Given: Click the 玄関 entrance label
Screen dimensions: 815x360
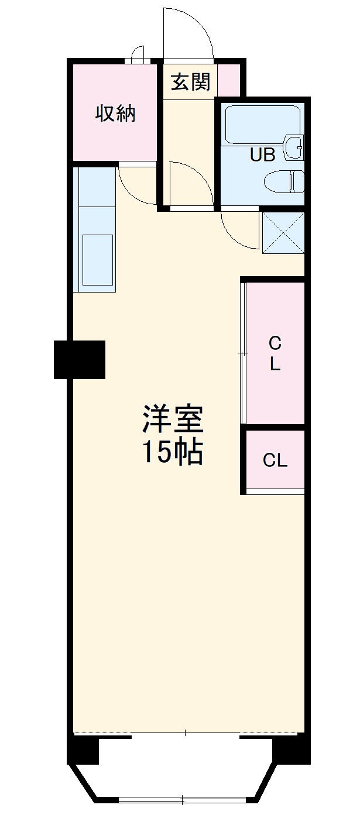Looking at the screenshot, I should click(x=190, y=82).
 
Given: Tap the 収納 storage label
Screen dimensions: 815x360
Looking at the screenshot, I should click(x=115, y=114).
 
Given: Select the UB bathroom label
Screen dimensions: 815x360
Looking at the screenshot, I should click(x=262, y=155).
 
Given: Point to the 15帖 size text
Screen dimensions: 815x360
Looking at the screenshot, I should click(x=173, y=452).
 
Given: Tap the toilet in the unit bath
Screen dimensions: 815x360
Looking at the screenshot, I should click(x=284, y=181).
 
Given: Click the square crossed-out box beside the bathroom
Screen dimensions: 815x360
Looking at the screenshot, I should click(x=283, y=232).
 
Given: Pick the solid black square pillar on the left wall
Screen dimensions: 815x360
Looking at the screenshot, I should click(x=80, y=359).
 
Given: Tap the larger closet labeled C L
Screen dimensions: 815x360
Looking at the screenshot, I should click(x=275, y=353).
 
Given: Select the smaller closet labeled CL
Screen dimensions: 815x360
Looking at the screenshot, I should click(x=275, y=460).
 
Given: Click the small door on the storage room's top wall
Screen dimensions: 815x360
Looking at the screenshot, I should click(x=138, y=54).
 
